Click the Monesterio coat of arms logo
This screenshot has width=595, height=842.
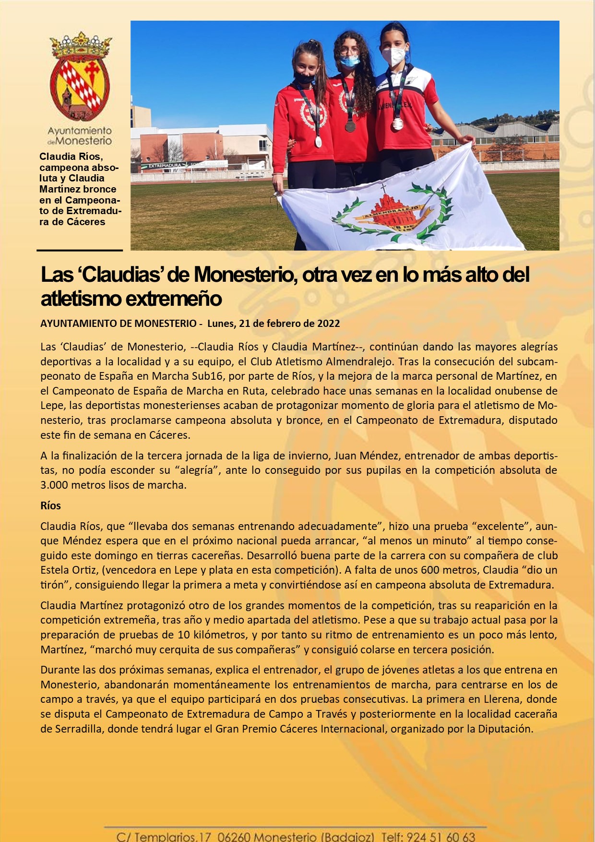pos(80,77)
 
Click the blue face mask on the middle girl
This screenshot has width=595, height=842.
pos(350,61)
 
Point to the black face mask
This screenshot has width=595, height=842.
pos(304,77)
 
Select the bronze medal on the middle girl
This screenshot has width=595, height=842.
pos(350,127)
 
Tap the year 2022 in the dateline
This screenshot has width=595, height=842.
pos(328,324)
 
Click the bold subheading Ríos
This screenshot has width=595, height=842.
pos(50,505)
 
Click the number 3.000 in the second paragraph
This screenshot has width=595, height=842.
pos(54,485)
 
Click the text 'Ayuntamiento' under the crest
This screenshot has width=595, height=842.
pos(80,131)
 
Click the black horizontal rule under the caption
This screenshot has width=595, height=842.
pos(80,250)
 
